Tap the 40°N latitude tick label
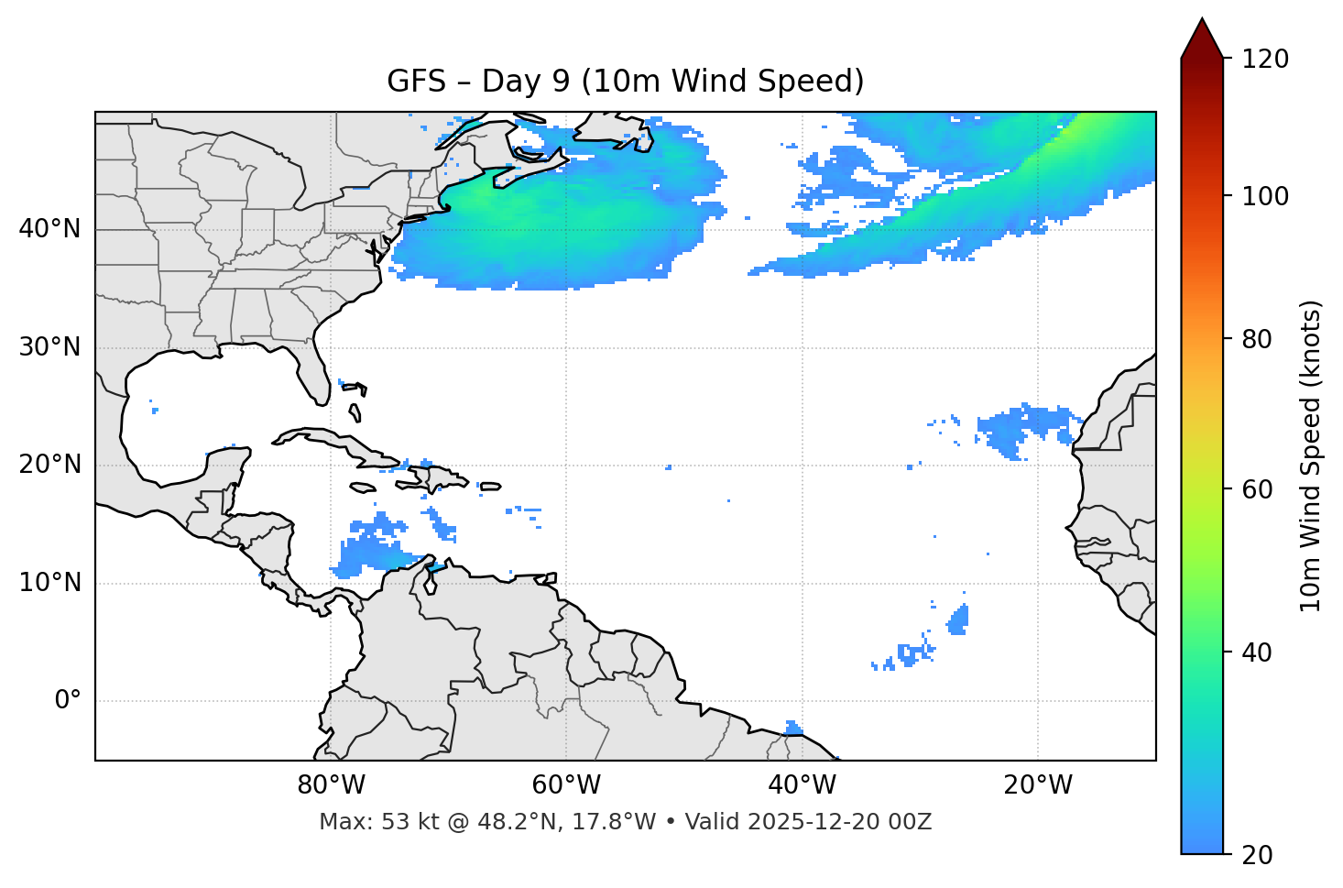tap(49, 229)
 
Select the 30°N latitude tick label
tap(49, 347)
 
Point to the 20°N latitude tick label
tap(49, 465)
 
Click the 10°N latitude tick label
tap(49, 583)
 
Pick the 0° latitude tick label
tap(68, 701)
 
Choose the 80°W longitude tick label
tap(331, 785)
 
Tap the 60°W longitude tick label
tap(566, 785)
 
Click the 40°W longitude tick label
tap(802, 785)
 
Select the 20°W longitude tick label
tap(1037, 785)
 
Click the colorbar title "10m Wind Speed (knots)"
tap(1311, 455)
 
